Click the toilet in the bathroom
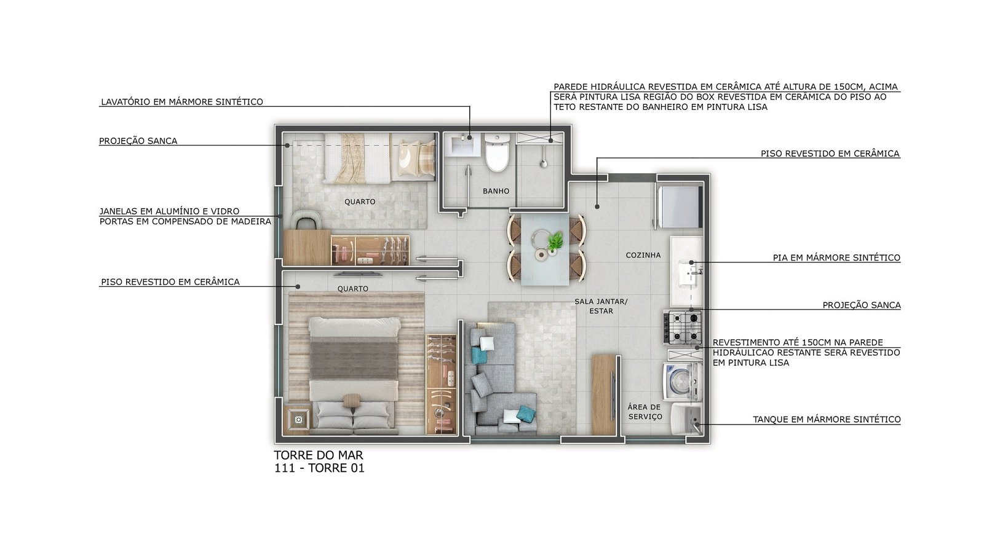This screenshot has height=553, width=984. (x=497, y=152)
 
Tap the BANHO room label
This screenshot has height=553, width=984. (x=496, y=191)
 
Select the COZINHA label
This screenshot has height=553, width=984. (x=643, y=255)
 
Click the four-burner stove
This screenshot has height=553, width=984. (x=683, y=327)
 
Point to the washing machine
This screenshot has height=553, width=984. (x=683, y=380)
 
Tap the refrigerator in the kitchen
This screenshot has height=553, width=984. (x=679, y=206)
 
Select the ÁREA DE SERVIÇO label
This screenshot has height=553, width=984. (x=645, y=412)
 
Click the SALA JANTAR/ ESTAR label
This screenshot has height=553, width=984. (x=601, y=307)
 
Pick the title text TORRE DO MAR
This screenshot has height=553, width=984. (x=319, y=455)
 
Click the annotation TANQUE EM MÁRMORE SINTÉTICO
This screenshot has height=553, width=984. (x=827, y=420)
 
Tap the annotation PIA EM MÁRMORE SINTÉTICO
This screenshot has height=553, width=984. (x=837, y=257)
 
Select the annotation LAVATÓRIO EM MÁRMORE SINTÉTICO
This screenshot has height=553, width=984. (x=182, y=102)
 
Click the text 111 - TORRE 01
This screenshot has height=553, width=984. (x=319, y=468)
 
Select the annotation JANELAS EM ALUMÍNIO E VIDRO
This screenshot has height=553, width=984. (x=170, y=211)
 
